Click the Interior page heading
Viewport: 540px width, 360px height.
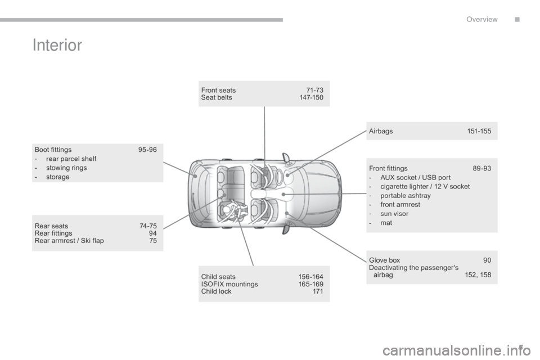point(58,46)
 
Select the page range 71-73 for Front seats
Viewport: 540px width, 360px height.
point(314,90)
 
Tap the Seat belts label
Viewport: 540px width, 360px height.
point(217,97)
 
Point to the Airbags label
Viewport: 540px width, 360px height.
point(381,131)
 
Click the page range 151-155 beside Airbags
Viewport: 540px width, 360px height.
point(479,131)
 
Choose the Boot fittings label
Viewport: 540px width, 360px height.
point(53,150)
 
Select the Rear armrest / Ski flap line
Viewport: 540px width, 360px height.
point(69,241)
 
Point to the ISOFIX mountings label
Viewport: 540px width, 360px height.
point(229,284)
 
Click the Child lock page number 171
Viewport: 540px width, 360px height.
point(318,291)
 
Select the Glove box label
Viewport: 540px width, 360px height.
point(385,260)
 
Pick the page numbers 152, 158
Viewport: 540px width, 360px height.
point(478,275)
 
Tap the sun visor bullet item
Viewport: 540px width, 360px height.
point(394,214)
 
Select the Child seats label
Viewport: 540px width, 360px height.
point(218,277)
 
